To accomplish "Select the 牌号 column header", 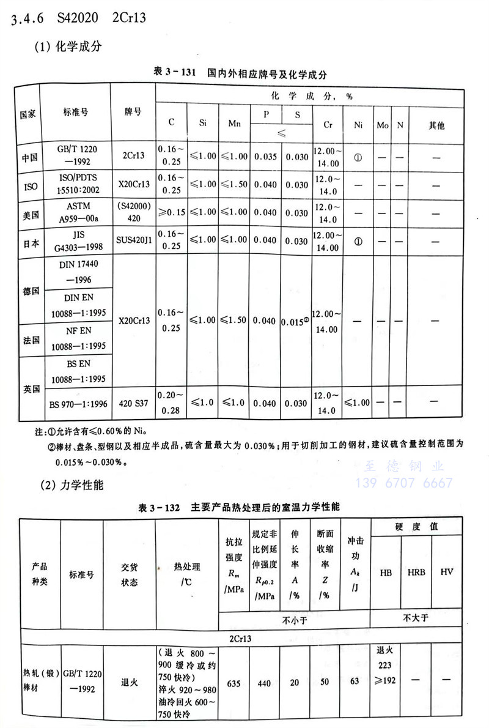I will pyautogui.click(x=133, y=112).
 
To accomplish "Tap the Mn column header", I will pyautogui.click(x=234, y=123).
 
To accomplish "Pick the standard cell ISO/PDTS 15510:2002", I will pyautogui.click(x=75, y=184).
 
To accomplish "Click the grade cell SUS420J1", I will pyautogui.click(x=133, y=241).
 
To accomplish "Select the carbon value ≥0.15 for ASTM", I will pyautogui.click(x=171, y=212).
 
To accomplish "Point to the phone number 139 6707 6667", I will pyautogui.click(x=403, y=483).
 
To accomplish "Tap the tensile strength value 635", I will pyautogui.click(x=235, y=683).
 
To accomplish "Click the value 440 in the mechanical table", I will pyautogui.click(x=264, y=683).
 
